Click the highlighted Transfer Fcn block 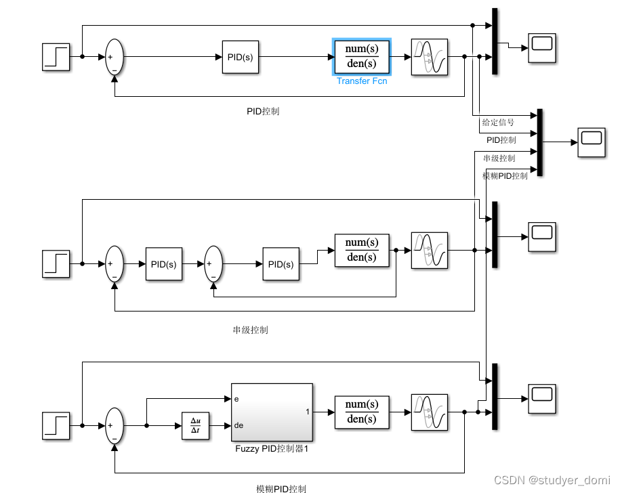[x=362, y=57]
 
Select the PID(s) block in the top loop [x=240, y=57]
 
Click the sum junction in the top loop [x=114, y=57]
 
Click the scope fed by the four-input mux [x=590, y=142]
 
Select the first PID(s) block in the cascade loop [x=163, y=264]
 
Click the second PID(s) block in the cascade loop [x=281, y=264]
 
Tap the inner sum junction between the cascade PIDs [x=213, y=264]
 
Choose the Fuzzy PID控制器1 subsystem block [x=271, y=412]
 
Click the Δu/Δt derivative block [x=195, y=426]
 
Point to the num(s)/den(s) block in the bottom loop [x=362, y=412]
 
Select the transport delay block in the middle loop [x=430, y=251]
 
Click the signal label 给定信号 [x=498, y=123]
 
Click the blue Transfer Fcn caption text [x=362, y=81]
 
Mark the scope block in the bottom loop [x=541, y=398]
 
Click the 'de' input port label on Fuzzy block [x=238, y=426]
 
